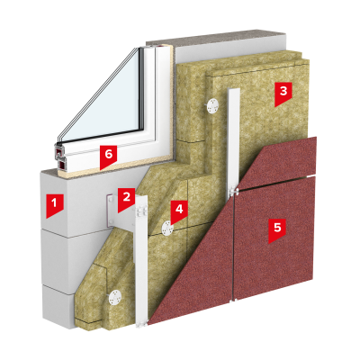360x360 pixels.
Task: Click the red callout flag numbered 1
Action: [x=54, y=205]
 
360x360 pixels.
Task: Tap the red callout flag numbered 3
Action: [x=283, y=93]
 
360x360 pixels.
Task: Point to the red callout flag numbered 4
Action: [x=179, y=211]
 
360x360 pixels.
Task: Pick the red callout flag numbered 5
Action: [x=277, y=229]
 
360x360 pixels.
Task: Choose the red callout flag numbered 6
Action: [x=108, y=157]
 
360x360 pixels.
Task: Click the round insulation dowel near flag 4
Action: [x=167, y=229]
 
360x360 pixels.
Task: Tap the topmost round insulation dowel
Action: [x=213, y=105]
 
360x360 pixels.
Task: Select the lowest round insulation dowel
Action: [x=114, y=298]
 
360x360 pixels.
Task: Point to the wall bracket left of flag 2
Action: [x=111, y=210]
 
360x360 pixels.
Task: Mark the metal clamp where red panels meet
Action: [x=233, y=191]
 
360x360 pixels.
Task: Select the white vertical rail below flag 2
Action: [x=141, y=261]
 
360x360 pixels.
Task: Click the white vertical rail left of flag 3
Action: [x=233, y=141]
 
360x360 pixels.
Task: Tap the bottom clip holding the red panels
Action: [x=233, y=299]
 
